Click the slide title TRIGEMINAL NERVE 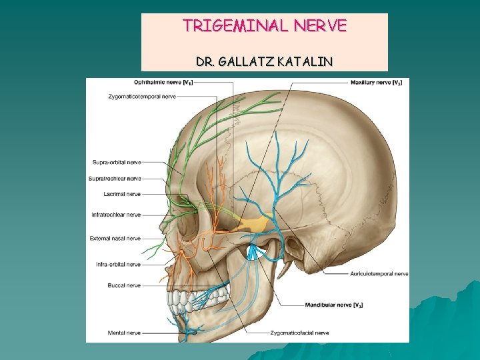pos(265,26)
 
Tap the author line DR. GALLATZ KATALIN pos(265,62)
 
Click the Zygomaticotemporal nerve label pos(142,97)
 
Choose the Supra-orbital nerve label pos(117,162)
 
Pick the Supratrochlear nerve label pos(115,179)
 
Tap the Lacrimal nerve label pos(122,195)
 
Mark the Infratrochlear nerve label pos(116,215)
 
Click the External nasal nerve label pos(115,238)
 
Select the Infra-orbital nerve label pos(118,265)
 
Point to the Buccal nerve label pos(124,285)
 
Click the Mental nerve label pos(124,332)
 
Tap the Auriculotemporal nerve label pos(378,273)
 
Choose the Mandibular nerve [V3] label pos(333,305)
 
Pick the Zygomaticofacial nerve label pos(299,332)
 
